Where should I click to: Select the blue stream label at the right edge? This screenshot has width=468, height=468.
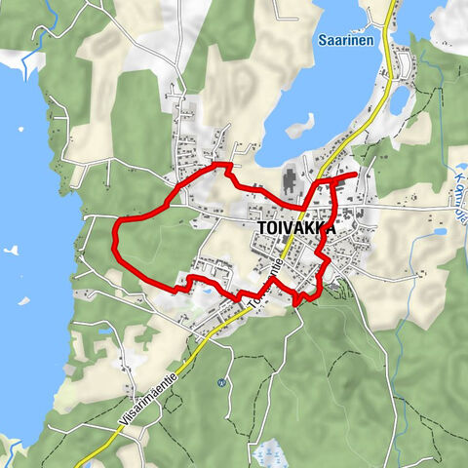461,193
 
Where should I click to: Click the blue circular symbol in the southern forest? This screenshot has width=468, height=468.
221,381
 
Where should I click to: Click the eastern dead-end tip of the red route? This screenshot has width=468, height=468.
354,175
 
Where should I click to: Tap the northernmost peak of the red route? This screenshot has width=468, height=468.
226,166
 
